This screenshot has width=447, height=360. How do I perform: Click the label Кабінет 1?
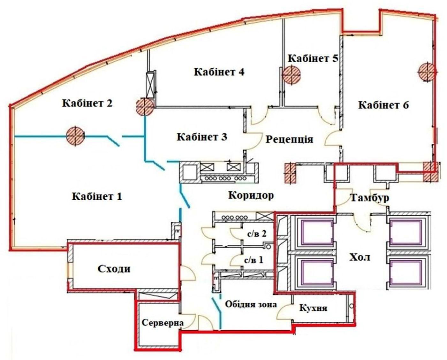point(97,196)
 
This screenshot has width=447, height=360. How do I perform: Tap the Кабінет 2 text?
point(87,103)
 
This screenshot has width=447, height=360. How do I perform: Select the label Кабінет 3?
point(202,137)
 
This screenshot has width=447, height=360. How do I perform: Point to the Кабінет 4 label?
point(219,72)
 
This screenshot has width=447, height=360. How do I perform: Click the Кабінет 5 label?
point(313,58)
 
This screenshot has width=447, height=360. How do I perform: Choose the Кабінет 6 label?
point(384,105)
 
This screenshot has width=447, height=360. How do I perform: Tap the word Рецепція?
point(290,140)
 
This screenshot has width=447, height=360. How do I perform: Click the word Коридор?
point(251,195)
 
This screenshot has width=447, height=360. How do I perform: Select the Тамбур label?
point(370,198)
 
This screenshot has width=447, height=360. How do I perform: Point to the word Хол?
point(360,258)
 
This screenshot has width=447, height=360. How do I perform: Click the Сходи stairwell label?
point(114,269)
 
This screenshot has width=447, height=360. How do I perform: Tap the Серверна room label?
point(163,323)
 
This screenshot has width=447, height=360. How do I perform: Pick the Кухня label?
point(314,308)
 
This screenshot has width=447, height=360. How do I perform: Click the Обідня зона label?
point(251,304)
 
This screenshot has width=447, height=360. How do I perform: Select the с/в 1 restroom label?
point(254,260)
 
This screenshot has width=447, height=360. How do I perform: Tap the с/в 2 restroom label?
point(257,234)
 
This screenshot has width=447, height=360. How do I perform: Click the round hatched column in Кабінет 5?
point(292,74)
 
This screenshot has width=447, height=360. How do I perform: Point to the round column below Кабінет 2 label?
point(75,136)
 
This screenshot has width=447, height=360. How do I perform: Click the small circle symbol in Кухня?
point(352,306)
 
